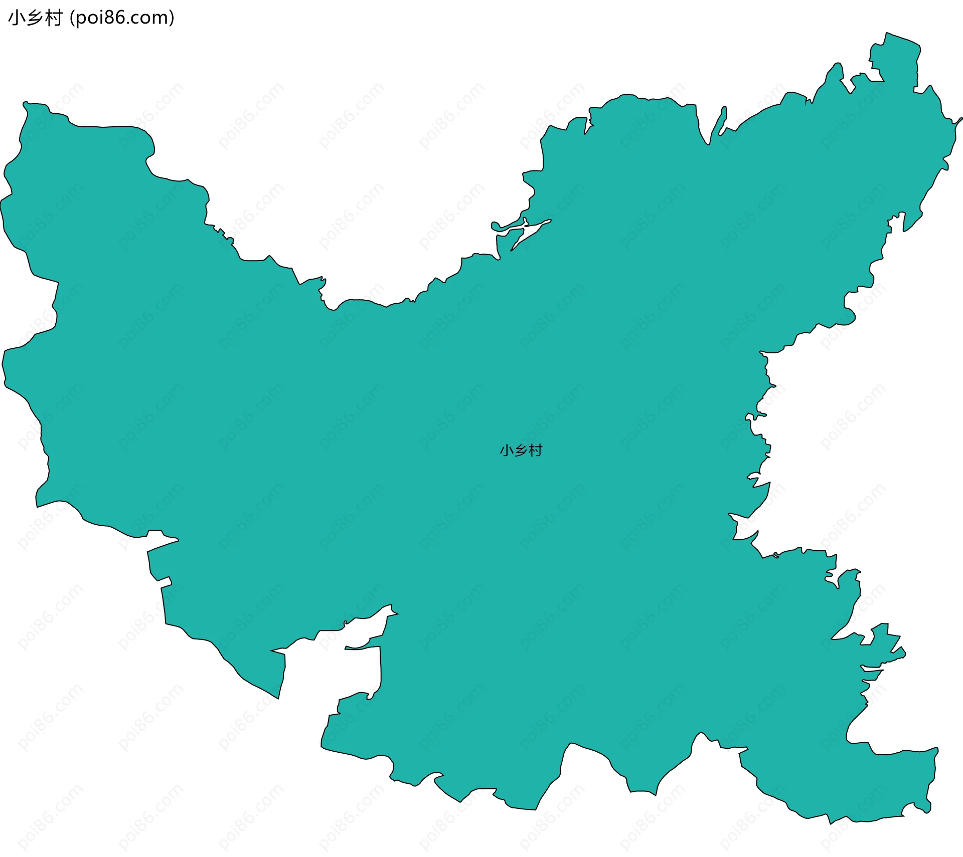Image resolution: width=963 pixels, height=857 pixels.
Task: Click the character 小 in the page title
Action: (16, 18)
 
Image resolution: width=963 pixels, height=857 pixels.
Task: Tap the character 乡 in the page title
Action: (34, 18)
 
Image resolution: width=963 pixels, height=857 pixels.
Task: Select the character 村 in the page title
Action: (53, 18)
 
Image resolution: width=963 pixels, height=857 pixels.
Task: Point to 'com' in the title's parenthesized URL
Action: (152, 18)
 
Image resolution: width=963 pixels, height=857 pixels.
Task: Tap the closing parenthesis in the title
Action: (172, 18)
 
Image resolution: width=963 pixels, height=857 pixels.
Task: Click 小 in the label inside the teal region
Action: (507, 451)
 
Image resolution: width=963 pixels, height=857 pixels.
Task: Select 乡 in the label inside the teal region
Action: (521, 451)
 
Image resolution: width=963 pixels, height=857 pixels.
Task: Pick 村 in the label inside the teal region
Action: (536, 451)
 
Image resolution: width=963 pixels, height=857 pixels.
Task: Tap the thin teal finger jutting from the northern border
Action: (723, 120)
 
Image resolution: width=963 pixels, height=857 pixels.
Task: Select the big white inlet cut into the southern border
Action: (359, 667)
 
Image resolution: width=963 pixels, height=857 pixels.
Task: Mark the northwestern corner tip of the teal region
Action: (25, 104)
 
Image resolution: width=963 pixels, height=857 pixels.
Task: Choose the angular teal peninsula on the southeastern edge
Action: (888, 644)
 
